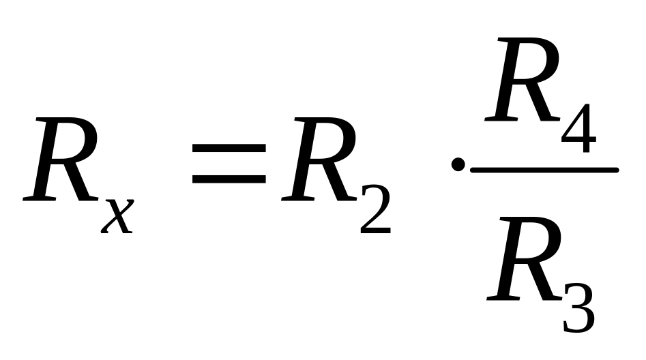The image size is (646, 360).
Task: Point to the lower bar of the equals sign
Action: [x=229, y=180]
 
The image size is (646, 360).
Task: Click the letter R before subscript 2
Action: [x=319, y=161]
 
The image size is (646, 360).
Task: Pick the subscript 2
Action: [x=375, y=213]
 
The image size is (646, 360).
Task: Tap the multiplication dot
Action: [x=458, y=165]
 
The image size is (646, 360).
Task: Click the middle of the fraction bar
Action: [x=544, y=169]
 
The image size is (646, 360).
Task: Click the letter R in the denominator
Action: [x=525, y=260]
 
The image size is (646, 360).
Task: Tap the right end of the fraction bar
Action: [x=616, y=169]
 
